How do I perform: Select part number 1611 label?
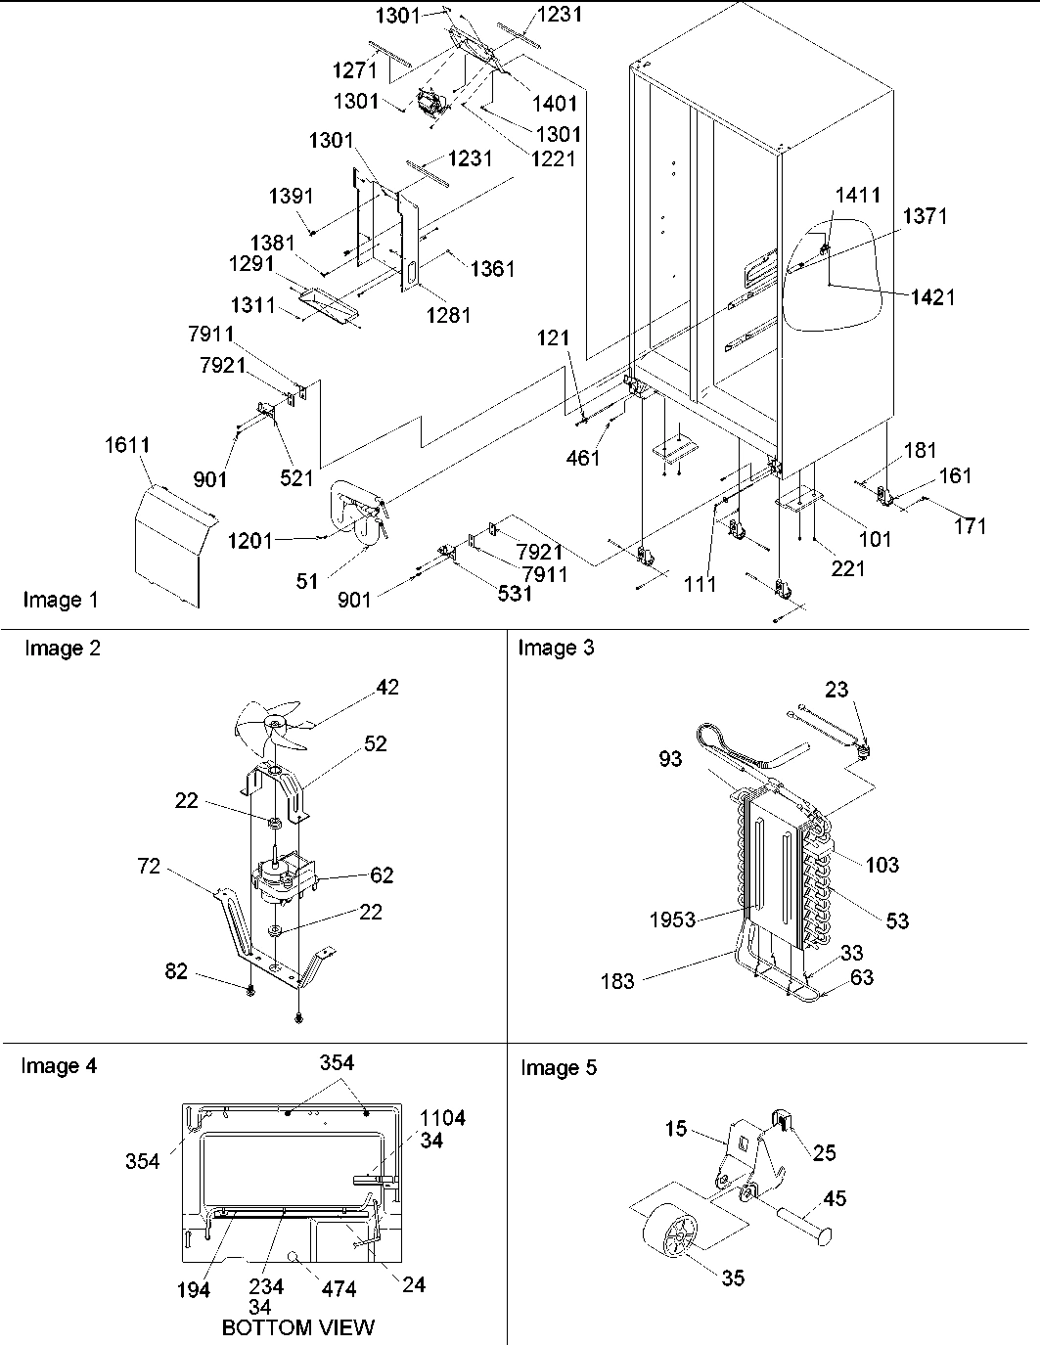point(127,445)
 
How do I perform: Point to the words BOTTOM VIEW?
point(297,1327)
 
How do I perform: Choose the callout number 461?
point(583,457)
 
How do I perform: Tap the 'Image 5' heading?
point(558,1068)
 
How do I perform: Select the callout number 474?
point(339,1289)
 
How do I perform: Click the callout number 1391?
point(291,197)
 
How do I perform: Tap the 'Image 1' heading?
point(61,600)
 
